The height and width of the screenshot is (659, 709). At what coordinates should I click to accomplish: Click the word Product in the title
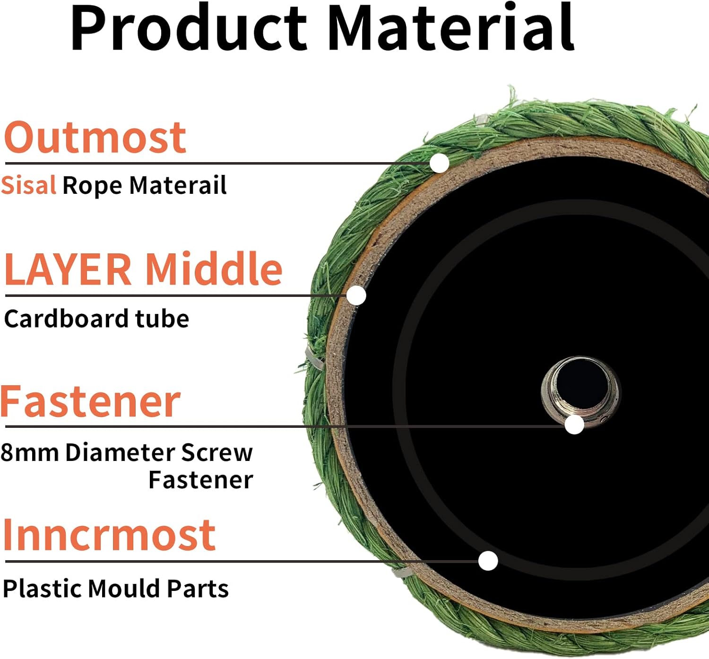coord(189,28)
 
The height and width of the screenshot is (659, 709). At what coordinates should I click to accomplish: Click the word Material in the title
coord(450,27)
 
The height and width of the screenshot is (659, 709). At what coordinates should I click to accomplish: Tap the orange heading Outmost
coord(95,138)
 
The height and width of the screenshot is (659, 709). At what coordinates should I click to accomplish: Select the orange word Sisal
coord(28,185)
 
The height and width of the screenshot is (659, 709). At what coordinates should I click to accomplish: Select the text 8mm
coord(30,452)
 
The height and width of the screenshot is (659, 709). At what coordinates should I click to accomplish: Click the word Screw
coord(217,452)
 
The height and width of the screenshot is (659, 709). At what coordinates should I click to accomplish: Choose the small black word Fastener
coord(201,480)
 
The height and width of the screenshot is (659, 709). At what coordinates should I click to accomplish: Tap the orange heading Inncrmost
coord(110,535)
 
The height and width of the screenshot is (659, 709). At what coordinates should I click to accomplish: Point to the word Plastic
coord(43,589)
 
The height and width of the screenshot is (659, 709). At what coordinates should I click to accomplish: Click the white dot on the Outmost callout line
coord(439,163)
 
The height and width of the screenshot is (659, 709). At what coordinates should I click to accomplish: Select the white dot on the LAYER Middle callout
coord(356,295)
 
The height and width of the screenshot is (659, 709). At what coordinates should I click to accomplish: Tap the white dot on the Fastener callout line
coord(574,425)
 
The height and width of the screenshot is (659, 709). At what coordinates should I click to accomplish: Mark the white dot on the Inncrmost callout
coord(488,561)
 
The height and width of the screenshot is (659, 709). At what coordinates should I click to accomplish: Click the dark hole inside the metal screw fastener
coord(582,384)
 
